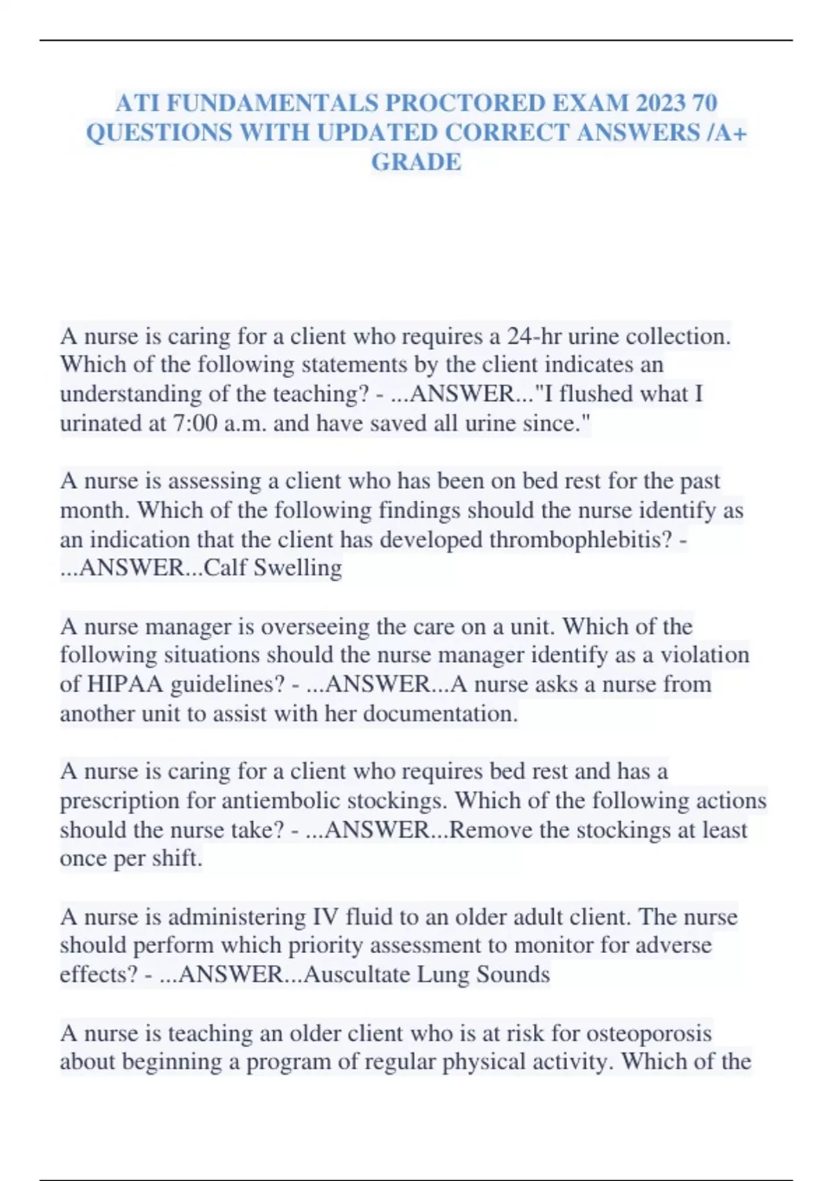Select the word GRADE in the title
coord(416,163)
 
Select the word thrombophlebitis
coord(580,540)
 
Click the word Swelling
coord(298,568)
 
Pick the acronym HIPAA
coord(125,685)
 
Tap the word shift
coord(176,859)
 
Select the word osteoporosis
coord(649,1034)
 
